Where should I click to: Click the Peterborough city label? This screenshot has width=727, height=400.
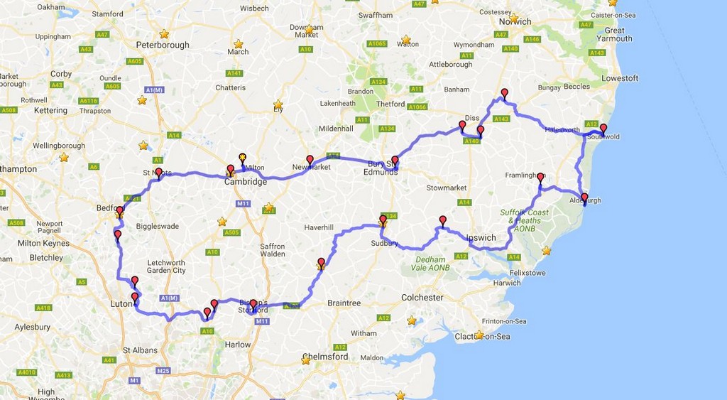tap(163, 45)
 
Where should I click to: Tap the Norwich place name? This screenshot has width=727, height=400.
tap(515, 21)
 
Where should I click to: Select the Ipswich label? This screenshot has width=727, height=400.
tap(481, 237)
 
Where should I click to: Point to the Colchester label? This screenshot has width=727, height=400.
tap(422, 297)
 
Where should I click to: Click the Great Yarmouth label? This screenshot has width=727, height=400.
tap(614, 35)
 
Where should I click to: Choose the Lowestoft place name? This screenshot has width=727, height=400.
tap(620, 78)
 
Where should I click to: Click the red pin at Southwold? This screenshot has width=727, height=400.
tap(603, 129)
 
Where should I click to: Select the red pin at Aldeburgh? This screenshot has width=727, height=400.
tap(584, 198)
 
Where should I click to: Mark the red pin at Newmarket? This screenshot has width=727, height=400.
tap(310, 160)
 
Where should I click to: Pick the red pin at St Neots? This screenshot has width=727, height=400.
tap(158, 172)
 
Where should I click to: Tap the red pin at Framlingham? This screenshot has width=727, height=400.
tap(540, 177)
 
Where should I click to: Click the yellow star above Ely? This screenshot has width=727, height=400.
tap(278, 104)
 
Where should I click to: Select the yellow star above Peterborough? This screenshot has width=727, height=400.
tap(164, 33)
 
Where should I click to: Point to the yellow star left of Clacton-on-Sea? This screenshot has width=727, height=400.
tap(479, 335)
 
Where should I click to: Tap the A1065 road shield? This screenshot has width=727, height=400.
tap(376, 44)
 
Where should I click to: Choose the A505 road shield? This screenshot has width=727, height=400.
tap(231, 232)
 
